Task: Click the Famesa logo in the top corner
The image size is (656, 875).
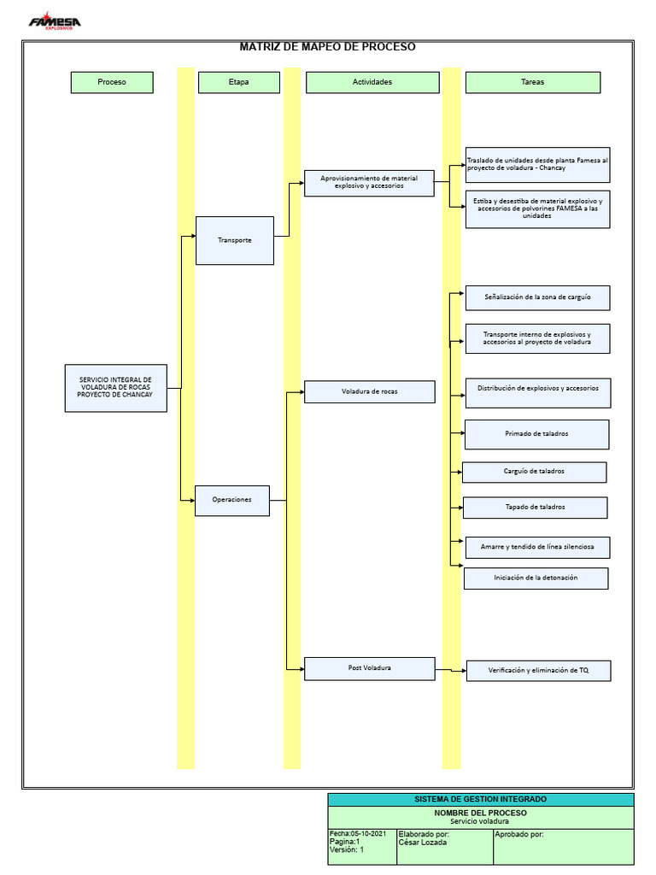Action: [x=56, y=21]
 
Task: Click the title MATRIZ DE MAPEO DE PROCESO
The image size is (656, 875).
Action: [x=327, y=47]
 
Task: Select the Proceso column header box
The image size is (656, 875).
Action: [x=112, y=82]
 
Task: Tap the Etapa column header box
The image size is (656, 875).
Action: [x=238, y=82]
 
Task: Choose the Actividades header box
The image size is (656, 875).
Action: [x=372, y=82]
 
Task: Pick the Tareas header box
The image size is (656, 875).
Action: [x=532, y=82]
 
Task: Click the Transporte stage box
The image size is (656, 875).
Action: [x=235, y=240]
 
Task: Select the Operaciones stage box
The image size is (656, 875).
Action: [x=232, y=500]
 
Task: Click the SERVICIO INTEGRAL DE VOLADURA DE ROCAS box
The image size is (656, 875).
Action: [x=115, y=388]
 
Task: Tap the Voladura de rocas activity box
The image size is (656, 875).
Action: [x=369, y=392]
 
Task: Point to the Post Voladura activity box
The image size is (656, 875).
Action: [x=369, y=668]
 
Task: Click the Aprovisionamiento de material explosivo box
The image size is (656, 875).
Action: [x=369, y=183]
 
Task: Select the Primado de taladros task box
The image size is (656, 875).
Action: [x=536, y=434]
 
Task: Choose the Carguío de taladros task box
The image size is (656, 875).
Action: [x=534, y=472]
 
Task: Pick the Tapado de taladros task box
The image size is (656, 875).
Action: [x=535, y=508]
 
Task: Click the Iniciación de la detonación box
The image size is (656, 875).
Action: [x=536, y=578]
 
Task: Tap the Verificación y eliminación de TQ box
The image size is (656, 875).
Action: [x=538, y=671]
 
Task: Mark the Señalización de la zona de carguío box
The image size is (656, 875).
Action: [x=537, y=297]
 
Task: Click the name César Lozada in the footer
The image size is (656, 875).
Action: [x=422, y=843]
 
